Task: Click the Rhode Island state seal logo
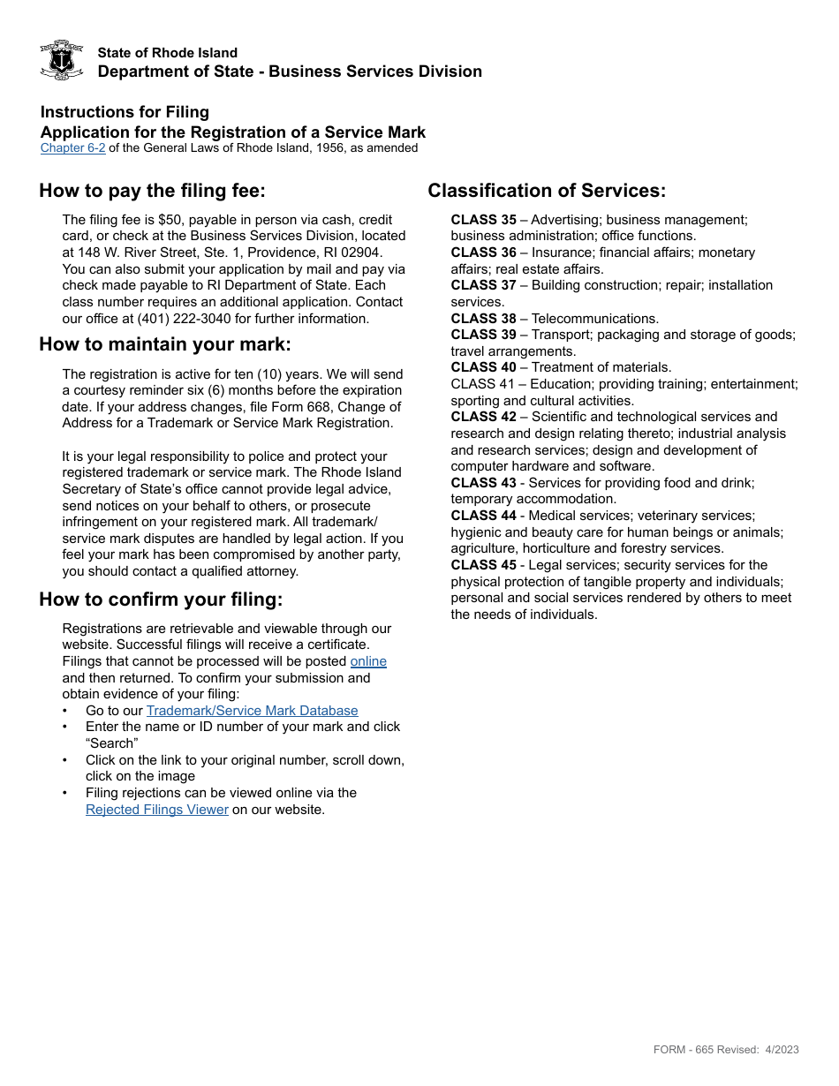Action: coord(62,60)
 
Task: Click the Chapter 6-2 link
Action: coord(72,148)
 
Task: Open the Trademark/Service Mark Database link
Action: coord(252,711)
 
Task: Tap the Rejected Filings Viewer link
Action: coord(157,810)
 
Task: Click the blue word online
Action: coord(368,661)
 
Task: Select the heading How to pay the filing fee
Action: coord(152,191)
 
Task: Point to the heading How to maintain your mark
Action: coord(164,344)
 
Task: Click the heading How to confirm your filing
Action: coord(161,600)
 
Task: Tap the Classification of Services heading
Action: coord(547,191)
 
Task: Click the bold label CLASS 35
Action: coord(483,220)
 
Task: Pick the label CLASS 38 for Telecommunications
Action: coord(483,319)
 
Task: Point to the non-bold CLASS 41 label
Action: coord(483,384)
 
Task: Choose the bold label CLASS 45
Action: coord(483,565)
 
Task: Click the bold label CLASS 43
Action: coord(483,483)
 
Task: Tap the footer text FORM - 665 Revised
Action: coord(707,1050)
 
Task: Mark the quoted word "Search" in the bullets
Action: coord(111,743)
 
